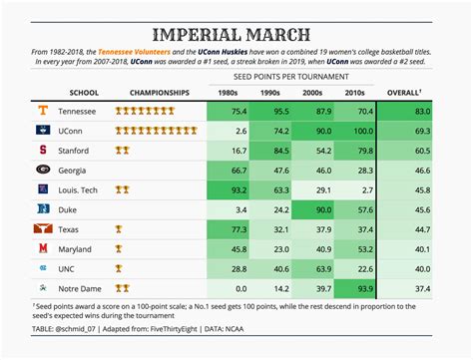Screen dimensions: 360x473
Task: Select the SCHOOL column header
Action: point(84,93)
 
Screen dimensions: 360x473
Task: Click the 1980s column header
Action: point(227,93)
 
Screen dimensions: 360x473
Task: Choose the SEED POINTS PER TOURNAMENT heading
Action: point(291,76)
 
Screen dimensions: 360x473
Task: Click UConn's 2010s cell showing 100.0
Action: point(355,132)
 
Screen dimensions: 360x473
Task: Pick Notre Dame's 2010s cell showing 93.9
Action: point(355,287)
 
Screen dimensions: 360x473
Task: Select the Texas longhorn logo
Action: point(43,229)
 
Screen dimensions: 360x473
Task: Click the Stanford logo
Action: point(43,152)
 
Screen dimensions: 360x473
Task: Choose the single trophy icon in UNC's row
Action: point(120,268)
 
